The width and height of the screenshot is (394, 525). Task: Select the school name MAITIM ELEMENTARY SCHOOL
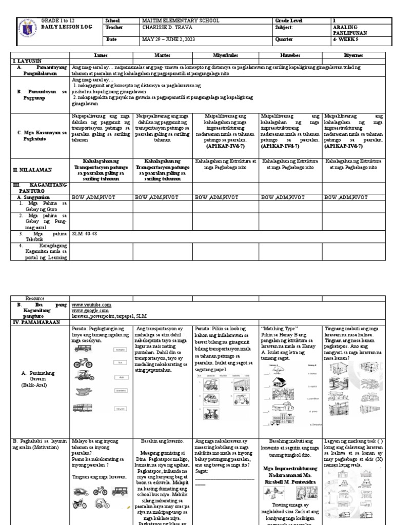(180, 21)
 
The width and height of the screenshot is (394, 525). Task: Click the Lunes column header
(101, 54)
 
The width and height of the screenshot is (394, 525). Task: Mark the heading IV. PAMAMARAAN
(34, 321)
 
